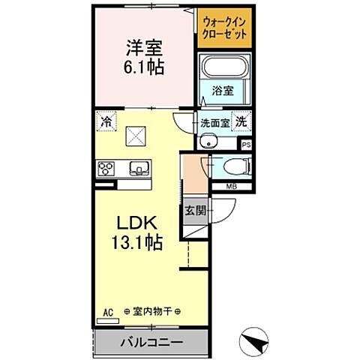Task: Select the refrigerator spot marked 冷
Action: (x=107, y=121)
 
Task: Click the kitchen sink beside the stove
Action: (x=137, y=168)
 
